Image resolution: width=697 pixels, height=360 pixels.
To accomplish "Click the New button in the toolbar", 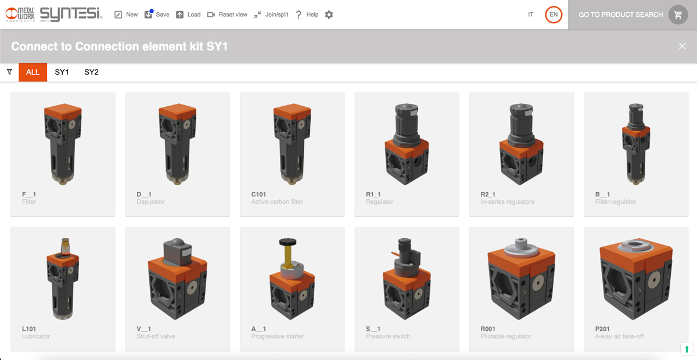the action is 126,15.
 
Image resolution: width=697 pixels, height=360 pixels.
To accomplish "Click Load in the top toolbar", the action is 188,15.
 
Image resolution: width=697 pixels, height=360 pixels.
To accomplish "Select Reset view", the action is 227,15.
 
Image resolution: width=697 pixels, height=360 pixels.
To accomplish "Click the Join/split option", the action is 271,15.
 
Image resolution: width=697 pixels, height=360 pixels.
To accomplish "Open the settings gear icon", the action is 329,15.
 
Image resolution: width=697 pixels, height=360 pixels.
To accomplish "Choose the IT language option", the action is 530,15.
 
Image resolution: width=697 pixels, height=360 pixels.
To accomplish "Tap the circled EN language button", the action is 554,15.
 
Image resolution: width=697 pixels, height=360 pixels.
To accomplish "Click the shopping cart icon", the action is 678,15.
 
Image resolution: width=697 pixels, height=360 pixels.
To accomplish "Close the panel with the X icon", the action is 682,46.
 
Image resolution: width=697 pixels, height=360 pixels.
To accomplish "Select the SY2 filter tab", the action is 92,72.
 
